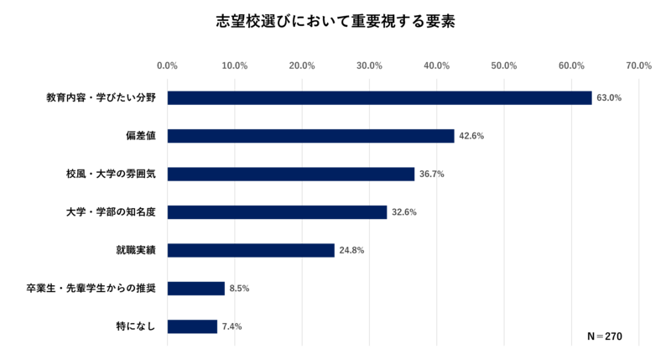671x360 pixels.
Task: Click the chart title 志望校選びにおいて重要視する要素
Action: point(335,21)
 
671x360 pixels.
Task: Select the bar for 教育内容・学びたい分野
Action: point(379,98)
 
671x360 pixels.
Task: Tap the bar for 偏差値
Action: point(310,136)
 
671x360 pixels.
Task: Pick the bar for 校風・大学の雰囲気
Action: point(291,175)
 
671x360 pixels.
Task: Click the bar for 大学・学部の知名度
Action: point(277,212)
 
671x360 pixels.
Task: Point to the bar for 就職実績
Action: point(251,250)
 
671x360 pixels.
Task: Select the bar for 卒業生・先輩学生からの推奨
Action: point(196,289)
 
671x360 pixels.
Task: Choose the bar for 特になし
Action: point(192,326)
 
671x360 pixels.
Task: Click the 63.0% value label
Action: point(608,98)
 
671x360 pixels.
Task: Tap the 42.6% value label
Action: point(471,136)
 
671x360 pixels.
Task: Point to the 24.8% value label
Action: point(351,250)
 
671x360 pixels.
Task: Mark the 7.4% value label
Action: point(231,326)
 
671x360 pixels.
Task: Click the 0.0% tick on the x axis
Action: point(168,65)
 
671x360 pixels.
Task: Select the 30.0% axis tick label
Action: point(369,65)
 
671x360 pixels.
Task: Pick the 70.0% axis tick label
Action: point(638,65)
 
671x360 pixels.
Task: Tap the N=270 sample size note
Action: point(606,337)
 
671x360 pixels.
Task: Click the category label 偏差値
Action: point(145,136)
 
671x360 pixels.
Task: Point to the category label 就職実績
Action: point(139,250)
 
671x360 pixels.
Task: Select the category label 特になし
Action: point(139,326)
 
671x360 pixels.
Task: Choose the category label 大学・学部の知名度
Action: point(116,212)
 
